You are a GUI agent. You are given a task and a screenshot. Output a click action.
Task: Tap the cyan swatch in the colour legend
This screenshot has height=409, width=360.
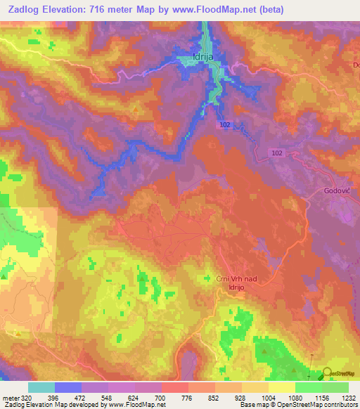41,387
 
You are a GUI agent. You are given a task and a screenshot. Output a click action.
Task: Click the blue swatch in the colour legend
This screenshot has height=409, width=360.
68,387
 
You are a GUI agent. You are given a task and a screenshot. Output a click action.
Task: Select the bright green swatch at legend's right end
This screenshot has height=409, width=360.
335,387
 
